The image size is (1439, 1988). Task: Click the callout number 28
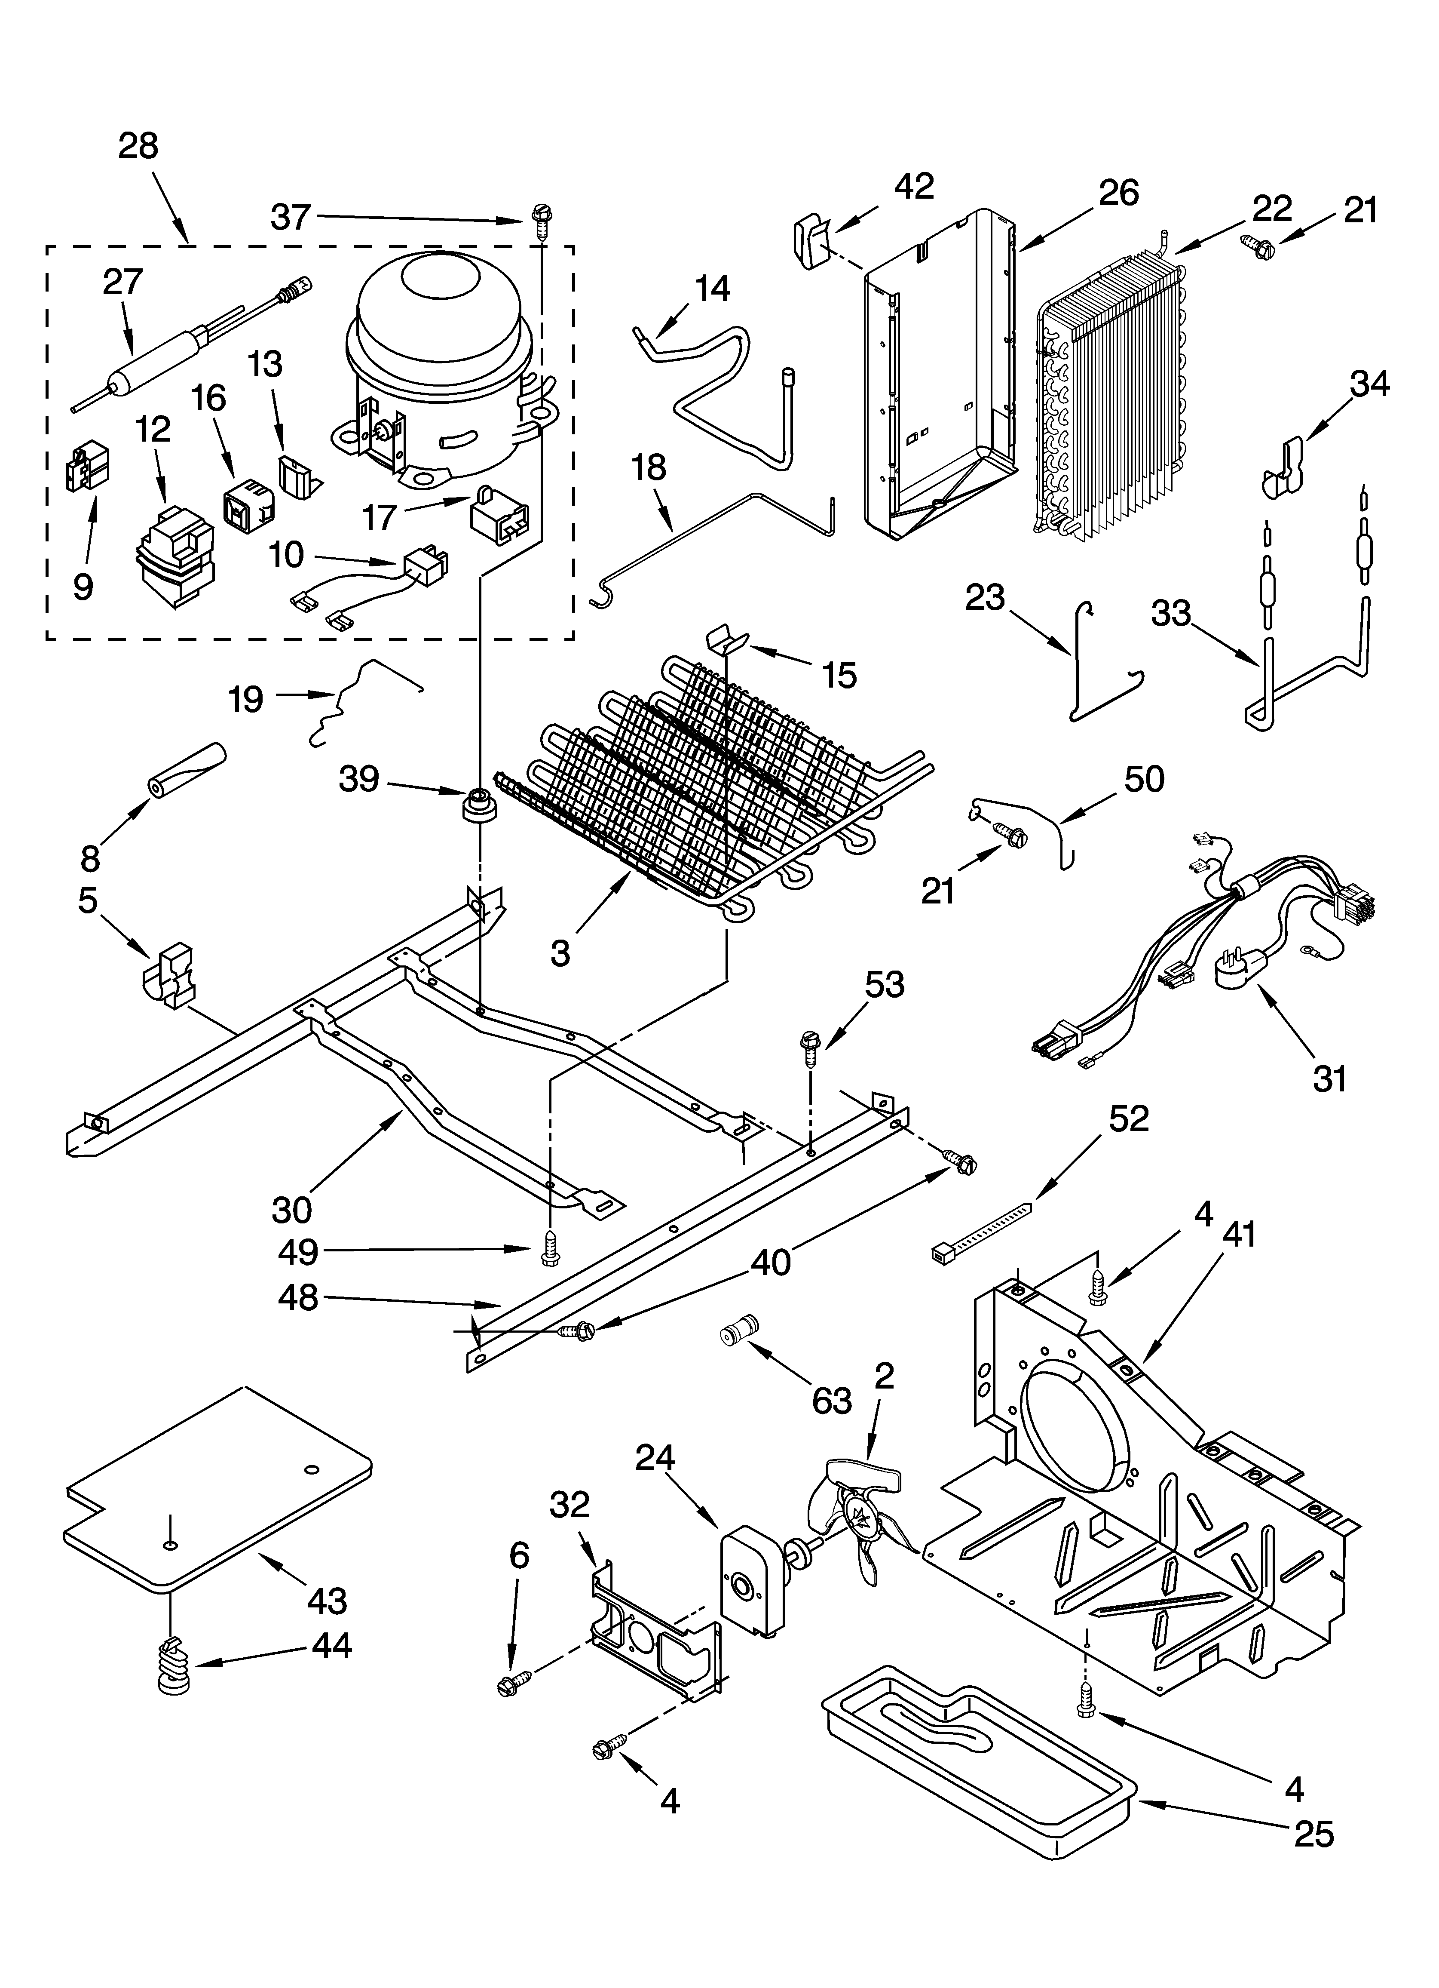(x=138, y=145)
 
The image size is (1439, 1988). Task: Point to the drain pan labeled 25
(x=977, y=1753)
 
